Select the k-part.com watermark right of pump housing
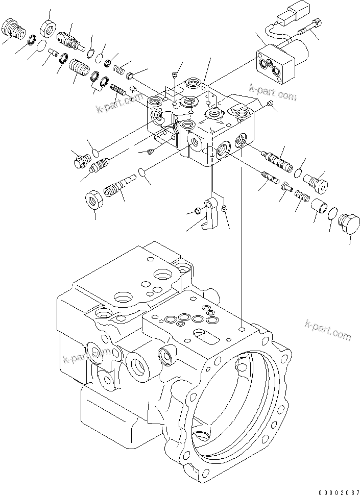327,330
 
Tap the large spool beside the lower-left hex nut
117,186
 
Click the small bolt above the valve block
175,76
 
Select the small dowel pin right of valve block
270,105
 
